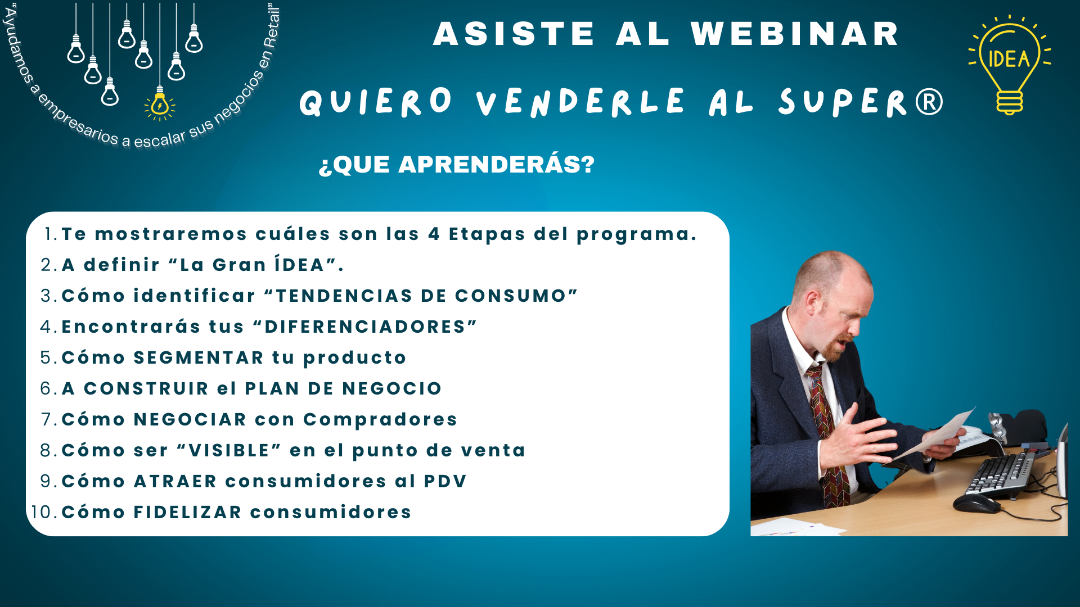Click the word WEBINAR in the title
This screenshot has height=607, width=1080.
point(795,34)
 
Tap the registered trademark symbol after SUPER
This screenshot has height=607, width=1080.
point(929,102)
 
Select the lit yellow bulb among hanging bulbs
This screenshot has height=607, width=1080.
point(160,105)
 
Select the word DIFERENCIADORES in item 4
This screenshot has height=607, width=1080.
point(365,327)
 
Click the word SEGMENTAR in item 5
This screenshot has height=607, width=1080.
point(199,357)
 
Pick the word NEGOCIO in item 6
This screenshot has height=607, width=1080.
point(392,388)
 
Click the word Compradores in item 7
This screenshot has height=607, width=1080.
point(380,420)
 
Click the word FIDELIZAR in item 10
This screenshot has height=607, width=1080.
point(188,512)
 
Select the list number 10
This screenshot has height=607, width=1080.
point(42,512)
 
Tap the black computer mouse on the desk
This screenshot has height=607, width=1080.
point(976,502)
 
